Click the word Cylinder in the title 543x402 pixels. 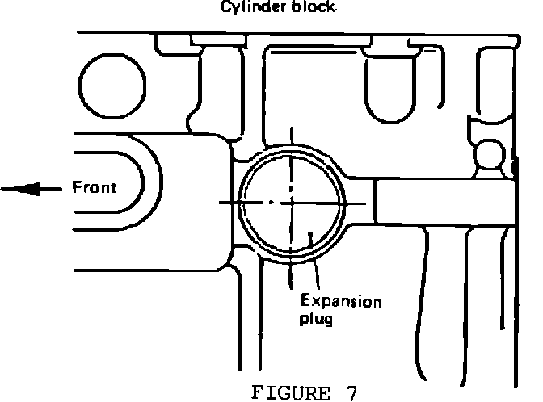pos(243,10)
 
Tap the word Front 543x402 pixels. pos(95,188)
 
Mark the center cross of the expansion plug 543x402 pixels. pos(290,202)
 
